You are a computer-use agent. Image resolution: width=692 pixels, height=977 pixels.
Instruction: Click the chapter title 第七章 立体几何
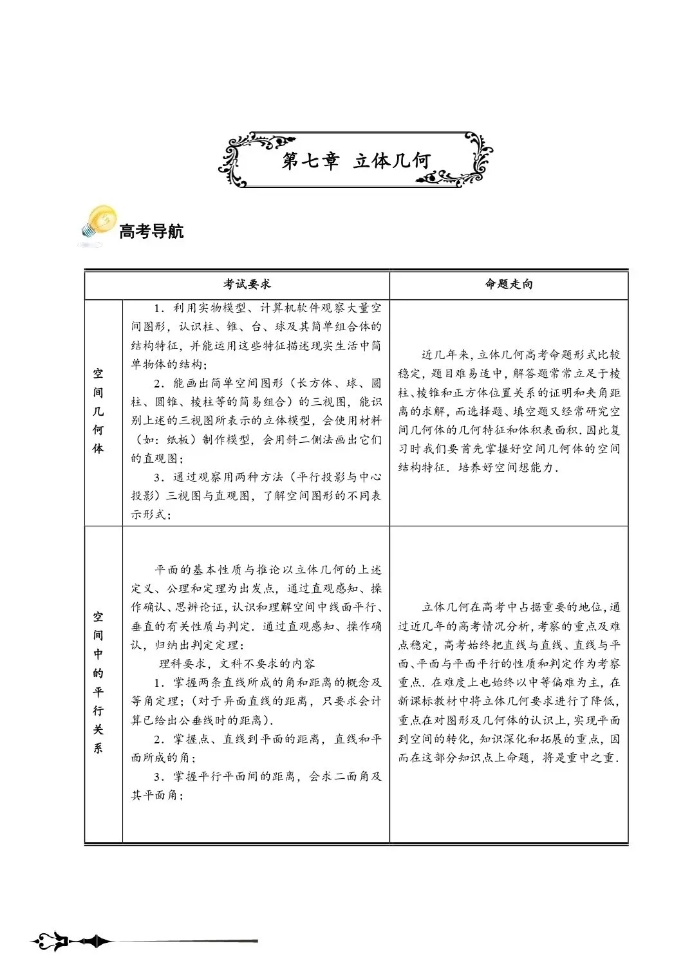pos(355,161)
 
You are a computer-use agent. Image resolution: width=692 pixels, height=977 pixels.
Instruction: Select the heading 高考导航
pos(151,231)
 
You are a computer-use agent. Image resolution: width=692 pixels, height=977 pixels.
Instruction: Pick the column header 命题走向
pos(509,284)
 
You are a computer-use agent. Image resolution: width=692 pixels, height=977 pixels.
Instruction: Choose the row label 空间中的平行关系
pos(98,682)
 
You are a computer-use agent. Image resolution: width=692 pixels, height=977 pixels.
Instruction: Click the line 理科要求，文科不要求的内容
pos(237,663)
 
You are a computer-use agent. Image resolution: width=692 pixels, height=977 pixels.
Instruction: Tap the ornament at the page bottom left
pos(71,942)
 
